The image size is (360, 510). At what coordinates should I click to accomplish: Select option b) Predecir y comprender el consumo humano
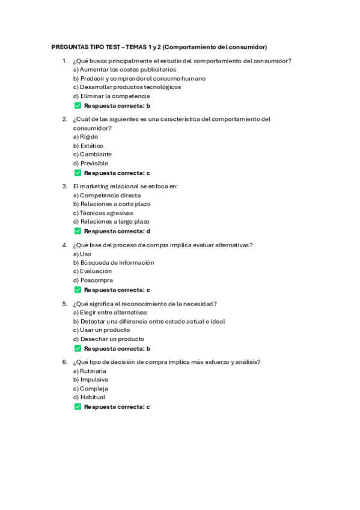pyautogui.click(x=139, y=78)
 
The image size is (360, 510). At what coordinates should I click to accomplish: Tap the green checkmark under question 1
pyautogui.click(x=78, y=105)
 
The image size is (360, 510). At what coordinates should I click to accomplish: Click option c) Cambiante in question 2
pyautogui.click(x=92, y=155)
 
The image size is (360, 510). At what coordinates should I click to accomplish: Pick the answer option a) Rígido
pyautogui.click(x=85, y=137)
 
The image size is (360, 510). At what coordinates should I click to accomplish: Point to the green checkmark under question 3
pyautogui.click(x=78, y=231)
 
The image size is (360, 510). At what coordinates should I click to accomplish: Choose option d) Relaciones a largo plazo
pyautogui.click(x=111, y=222)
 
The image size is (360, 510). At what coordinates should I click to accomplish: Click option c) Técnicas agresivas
pyautogui.click(x=103, y=213)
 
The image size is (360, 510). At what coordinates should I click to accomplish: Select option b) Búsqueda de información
pyautogui.click(x=114, y=262)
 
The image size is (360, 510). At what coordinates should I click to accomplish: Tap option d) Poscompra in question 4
pyautogui.click(x=93, y=280)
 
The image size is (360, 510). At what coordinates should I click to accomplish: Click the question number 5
pyautogui.click(x=64, y=304)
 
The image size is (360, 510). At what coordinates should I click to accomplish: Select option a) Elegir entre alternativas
pyautogui.click(x=110, y=313)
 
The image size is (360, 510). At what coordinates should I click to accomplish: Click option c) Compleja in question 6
pyautogui.click(x=90, y=389)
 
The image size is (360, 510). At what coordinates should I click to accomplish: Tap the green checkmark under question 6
pyautogui.click(x=78, y=407)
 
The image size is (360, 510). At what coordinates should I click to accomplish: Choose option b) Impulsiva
pyautogui.click(x=91, y=380)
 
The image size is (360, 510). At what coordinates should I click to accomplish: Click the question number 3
pyautogui.click(x=64, y=186)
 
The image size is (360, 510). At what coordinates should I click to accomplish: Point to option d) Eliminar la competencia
pyautogui.click(x=111, y=96)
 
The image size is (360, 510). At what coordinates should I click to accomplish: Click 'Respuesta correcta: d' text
pyautogui.click(x=117, y=231)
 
